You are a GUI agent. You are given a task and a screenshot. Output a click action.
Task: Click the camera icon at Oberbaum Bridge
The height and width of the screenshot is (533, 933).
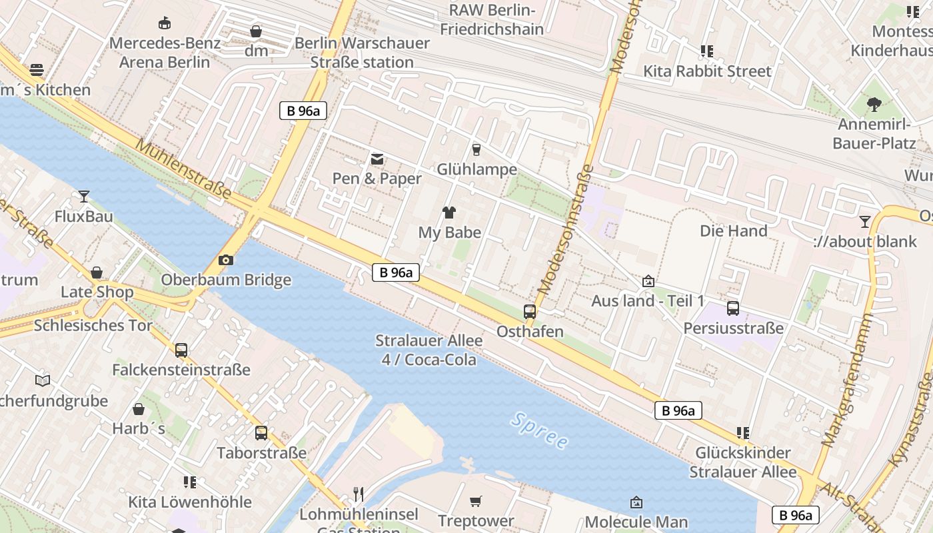pos(226,260)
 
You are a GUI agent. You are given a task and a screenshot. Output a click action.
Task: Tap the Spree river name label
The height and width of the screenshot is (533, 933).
pos(540,430)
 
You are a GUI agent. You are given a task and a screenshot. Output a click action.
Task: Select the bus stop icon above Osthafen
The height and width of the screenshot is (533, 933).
pos(530,311)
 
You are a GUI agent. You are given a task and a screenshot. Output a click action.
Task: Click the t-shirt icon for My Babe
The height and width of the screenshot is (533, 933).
pos(449,213)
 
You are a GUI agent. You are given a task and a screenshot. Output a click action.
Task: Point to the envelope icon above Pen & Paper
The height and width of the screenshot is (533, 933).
pos(377,159)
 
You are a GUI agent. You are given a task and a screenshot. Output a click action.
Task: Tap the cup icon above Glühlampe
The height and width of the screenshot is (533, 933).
pos(476,149)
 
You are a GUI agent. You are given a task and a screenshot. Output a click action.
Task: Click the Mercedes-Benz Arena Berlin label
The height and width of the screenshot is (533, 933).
pos(164,53)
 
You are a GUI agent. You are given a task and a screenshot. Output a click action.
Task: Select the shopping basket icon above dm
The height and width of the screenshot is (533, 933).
pos(256,31)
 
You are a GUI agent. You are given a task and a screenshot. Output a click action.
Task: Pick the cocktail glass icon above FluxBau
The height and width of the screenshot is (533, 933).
pos(84,196)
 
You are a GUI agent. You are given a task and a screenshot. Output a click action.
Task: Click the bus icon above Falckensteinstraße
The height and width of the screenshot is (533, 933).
pos(181,350)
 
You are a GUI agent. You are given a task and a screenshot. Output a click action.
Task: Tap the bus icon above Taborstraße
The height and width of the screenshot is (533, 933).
pos(261,433)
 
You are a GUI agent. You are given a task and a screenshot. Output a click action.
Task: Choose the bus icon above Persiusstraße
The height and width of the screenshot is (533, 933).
pos(733,308)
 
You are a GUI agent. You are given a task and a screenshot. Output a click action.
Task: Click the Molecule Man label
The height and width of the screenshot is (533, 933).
pos(636,522)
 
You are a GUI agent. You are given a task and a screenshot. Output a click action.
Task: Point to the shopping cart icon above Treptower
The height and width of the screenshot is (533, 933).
pos(476,501)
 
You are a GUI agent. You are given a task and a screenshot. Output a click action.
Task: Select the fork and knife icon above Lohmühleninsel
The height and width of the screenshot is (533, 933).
pos(359,494)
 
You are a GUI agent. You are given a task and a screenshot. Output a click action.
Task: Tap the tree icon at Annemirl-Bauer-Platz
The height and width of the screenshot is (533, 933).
pos(874,104)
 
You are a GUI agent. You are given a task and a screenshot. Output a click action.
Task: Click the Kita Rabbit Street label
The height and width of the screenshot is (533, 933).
pos(706,71)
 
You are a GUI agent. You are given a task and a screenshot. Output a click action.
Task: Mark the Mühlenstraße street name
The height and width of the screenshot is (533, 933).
pos(185,169)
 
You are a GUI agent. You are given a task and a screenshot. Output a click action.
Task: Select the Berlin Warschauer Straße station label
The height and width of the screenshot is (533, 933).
pos(363,53)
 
